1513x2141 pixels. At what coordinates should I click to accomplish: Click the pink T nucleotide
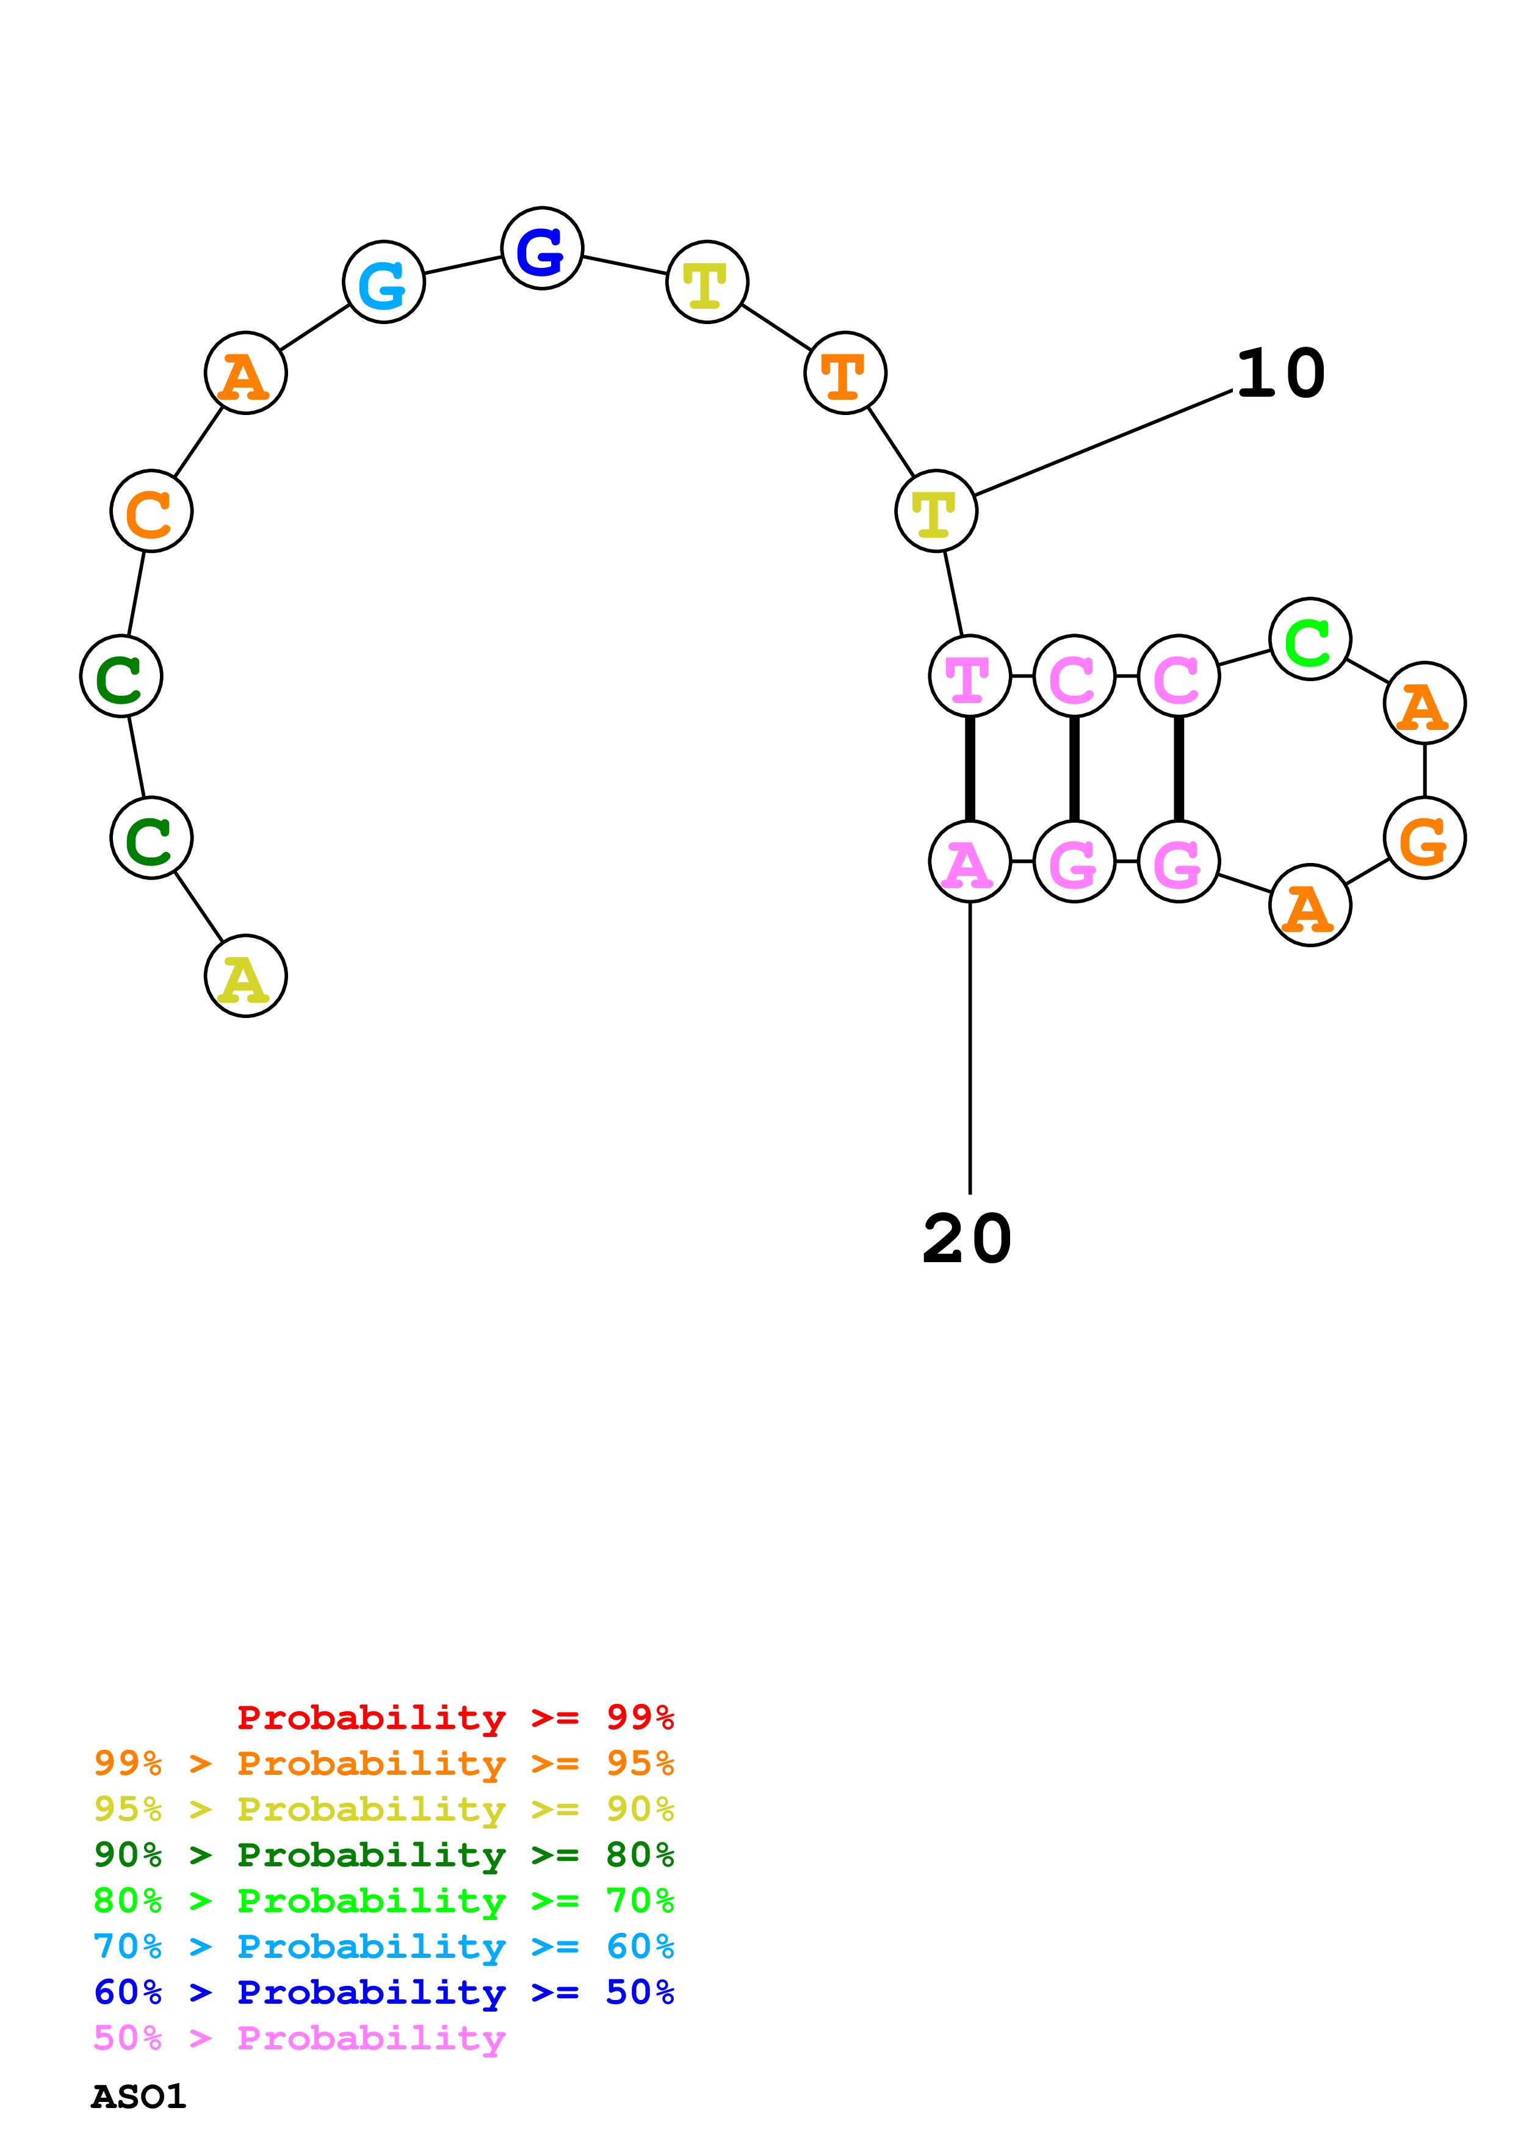(970, 676)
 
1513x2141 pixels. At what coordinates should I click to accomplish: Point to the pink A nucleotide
(970, 862)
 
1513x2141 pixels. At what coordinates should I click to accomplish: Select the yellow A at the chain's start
(245, 977)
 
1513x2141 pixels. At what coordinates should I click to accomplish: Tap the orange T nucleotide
(845, 373)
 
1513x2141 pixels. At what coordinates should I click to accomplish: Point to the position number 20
(967, 1240)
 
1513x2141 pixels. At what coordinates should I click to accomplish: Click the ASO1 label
(138, 2097)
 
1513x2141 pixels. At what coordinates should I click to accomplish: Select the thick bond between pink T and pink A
(970, 768)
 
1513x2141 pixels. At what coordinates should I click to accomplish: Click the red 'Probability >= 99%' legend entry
(455, 1717)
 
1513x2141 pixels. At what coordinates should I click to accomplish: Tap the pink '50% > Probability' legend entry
(298, 2038)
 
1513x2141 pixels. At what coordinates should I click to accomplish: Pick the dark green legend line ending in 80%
(383, 1855)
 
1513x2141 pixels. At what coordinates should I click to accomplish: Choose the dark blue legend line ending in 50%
(383, 1993)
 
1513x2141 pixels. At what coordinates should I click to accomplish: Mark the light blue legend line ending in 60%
(383, 1947)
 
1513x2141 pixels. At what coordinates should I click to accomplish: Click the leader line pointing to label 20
(970, 1044)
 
